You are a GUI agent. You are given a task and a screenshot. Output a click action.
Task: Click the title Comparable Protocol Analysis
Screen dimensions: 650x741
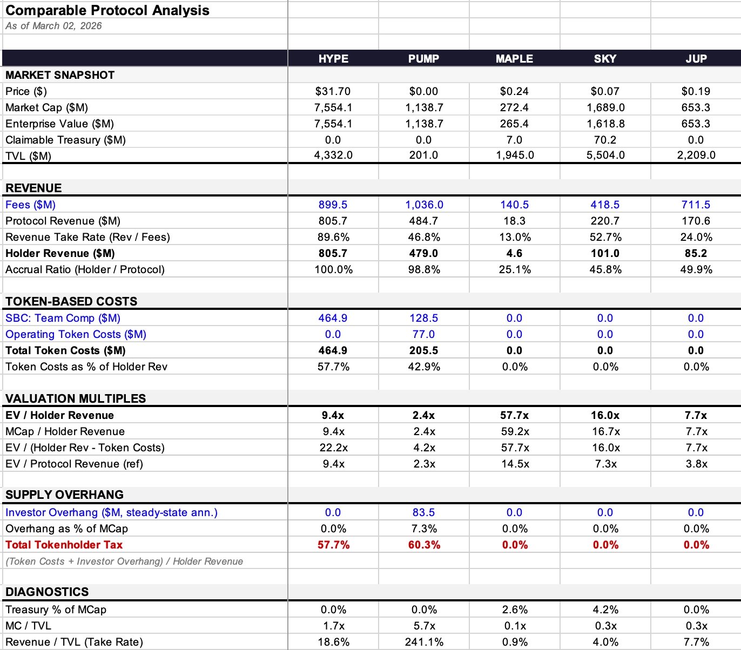[x=107, y=10]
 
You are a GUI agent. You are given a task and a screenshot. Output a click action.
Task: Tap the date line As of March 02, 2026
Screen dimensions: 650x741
[x=53, y=26]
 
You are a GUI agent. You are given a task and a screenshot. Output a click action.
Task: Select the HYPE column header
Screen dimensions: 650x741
[x=333, y=59]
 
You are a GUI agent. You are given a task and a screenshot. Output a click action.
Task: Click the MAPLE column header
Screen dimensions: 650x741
[x=514, y=59]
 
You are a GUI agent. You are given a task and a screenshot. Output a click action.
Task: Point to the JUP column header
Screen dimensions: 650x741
[x=696, y=59]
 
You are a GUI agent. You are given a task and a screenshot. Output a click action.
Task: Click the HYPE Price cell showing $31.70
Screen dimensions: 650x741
[x=333, y=91]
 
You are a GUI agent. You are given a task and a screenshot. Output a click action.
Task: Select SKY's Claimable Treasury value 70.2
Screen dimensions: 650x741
[x=605, y=140]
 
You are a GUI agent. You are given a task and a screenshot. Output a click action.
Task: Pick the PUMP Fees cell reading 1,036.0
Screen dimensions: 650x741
[x=424, y=205]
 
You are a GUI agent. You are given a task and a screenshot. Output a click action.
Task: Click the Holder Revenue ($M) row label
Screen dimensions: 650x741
[x=60, y=253]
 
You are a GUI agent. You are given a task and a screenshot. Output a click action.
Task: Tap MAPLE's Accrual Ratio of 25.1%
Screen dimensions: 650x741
[x=515, y=269]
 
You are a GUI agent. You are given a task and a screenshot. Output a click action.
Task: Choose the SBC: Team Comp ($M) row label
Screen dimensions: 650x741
[x=63, y=318]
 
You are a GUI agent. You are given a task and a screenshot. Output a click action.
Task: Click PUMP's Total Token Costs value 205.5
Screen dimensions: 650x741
[x=423, y=350]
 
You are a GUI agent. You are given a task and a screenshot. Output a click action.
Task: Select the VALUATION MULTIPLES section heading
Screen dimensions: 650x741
[x=76, y=398]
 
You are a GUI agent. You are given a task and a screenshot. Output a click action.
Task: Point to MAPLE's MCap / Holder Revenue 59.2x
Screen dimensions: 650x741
[x=515, y=431]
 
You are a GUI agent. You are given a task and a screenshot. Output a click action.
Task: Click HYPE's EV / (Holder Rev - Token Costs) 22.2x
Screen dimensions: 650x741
[x=333, y=448]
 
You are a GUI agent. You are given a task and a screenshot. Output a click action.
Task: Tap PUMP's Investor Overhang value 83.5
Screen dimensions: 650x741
[x=423, y=512]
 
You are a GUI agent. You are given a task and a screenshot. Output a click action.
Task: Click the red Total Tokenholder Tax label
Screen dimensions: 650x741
[x=64, y=545]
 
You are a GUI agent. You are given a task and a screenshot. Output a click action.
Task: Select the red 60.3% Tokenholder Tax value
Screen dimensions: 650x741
[x=424, y=545]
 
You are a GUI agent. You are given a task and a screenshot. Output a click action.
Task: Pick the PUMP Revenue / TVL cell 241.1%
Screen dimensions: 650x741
[x=424, y=642]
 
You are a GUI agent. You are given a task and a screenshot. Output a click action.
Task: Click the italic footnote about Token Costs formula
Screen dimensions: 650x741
[x=124, y=561]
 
